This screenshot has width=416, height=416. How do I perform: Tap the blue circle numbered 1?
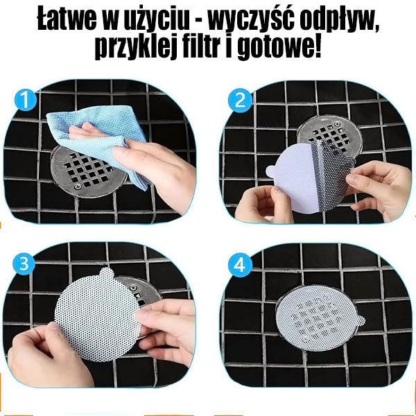click(26, 101)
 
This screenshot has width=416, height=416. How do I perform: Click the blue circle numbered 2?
click(241, 101)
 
